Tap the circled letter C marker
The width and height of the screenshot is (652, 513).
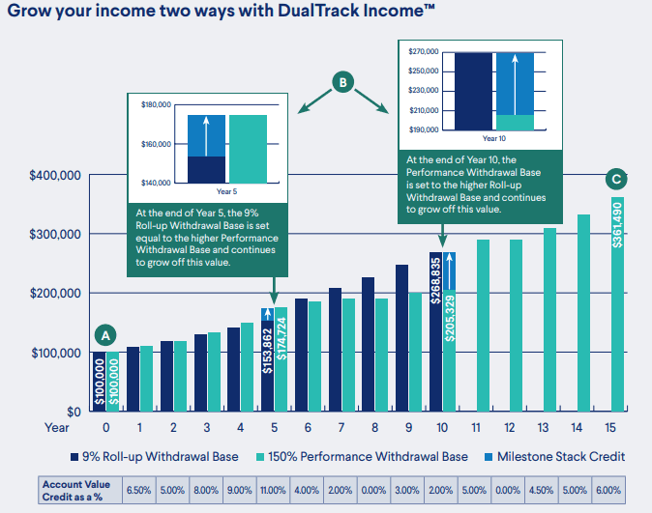pyautogui.click(x=616, y=178)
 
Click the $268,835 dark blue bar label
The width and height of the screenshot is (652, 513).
pyautogui.click(x=436, y=281)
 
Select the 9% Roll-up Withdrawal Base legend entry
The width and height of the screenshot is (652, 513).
pyautogui.click(x=161, y=456)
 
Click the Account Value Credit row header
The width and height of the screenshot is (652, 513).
pyautogui.click(x=77, y=491)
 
